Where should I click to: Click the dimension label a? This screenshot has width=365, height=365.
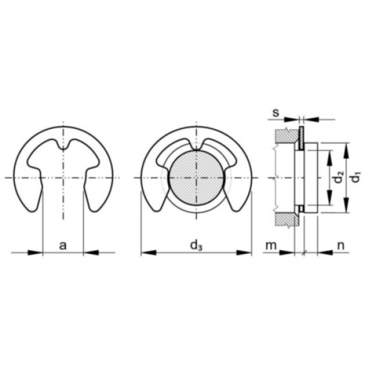(x=63, y=245)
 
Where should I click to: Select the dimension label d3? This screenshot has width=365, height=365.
(x=196, y=246)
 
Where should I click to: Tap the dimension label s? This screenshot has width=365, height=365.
(x=276, y=113)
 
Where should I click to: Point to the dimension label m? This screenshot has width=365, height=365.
(x=271, y=245)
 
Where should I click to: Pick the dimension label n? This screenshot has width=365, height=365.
(x=341, y=245)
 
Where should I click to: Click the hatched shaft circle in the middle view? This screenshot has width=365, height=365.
(x=196, y=178)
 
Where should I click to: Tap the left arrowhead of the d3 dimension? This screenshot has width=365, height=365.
(x=148, y=252)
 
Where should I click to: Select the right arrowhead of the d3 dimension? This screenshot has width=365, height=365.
(x=244, y=252)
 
